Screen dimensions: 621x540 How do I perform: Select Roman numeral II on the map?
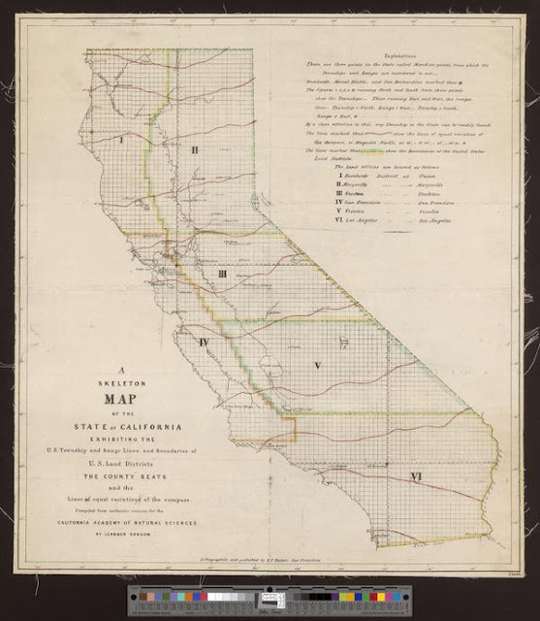pyautogui.click(x=194, y=149)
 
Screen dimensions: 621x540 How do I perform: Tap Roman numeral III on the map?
pyautogui.click(x=222, y=275)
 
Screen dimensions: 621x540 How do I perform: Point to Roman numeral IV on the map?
pyautogui.click(x=205, y=343)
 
